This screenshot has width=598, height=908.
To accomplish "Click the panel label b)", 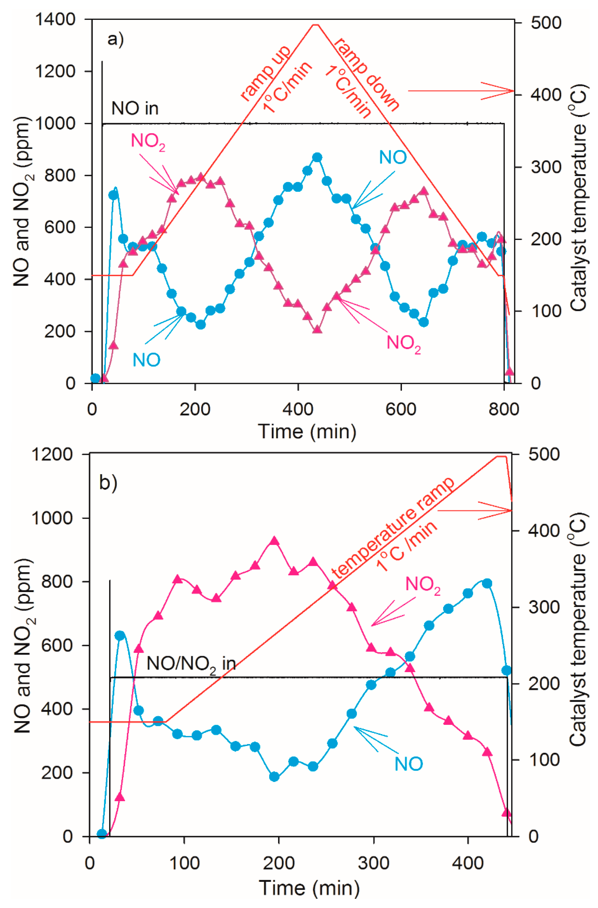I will click(x=108, y=483).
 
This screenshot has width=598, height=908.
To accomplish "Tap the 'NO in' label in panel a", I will click(x=135, y=109).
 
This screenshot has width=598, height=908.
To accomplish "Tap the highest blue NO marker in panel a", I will click(x=317, y=157).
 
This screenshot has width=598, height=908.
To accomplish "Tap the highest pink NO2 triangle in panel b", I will click(x=274, y=541).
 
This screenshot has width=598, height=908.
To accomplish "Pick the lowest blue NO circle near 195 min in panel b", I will click(x=274, y=777).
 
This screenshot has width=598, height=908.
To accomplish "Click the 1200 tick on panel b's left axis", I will click(x=52, y=454).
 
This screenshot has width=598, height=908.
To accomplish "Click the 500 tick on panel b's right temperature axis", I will click(x=544, y=454).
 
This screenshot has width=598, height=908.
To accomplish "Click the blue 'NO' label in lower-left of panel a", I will click(x=147, y=360).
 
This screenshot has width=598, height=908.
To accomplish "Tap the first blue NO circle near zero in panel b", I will click(x=101, y=834).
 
